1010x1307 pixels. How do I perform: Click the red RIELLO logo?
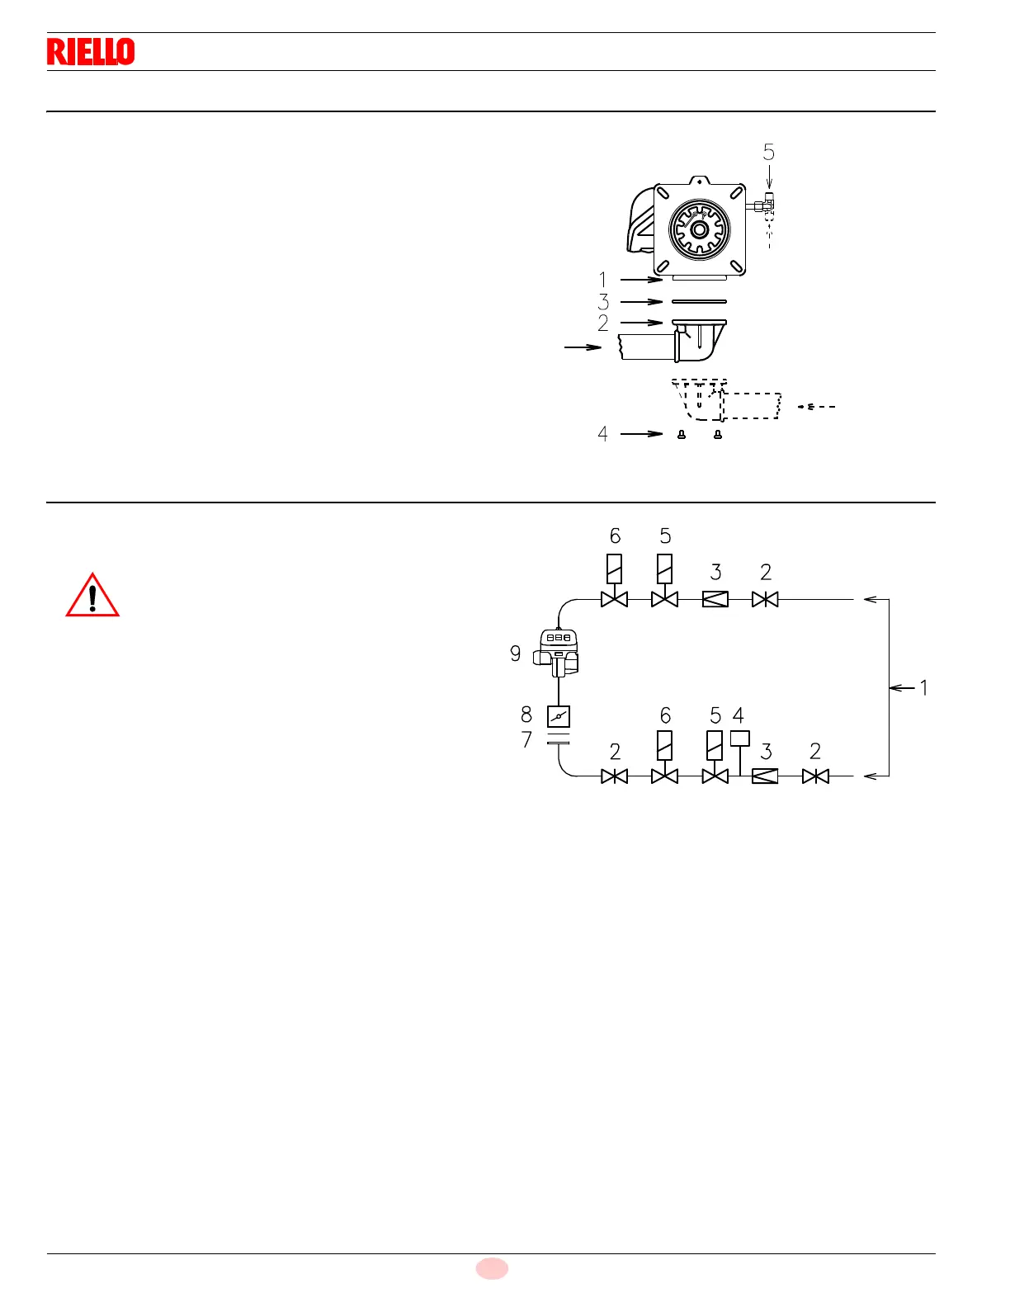coord(91,52)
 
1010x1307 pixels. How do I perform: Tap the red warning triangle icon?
coord(92,596)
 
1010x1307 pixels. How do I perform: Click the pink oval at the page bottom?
coord(492,1268)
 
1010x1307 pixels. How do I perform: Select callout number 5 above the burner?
coord(769,153)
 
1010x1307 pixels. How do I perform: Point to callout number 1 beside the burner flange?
coord(603,280)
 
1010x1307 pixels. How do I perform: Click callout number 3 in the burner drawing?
coord(603,302)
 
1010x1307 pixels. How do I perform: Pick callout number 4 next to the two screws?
coord(603,434)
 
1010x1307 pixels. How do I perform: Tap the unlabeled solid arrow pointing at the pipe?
coord(583,347)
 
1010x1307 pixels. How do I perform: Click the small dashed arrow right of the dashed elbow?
coord(817,407)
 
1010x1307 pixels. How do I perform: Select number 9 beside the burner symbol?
coord(516,653)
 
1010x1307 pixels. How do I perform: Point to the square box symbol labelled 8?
coord(559,716)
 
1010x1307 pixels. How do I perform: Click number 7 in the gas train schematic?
coord(526,740)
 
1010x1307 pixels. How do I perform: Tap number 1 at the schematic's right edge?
coord(923,687)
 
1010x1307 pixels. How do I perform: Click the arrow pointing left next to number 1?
coord(903,687)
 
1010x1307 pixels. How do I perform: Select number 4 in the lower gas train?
coord(739,715)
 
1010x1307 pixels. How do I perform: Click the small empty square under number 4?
coord(740,738)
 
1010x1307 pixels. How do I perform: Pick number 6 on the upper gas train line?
coord(616,536)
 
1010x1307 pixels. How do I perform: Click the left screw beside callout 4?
coord(682,435)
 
